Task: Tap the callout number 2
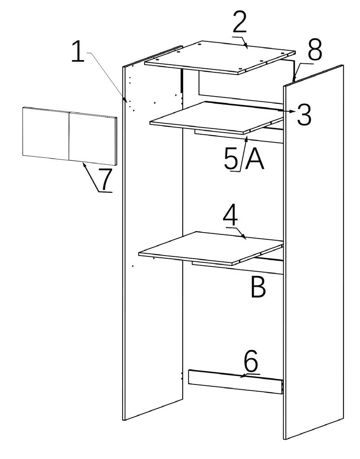point(240,22)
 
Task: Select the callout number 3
point(304,115)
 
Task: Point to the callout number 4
point(230,216)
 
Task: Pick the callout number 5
point(232,159)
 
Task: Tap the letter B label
point(258,287)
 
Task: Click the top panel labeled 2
point(220,56)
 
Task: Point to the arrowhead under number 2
point(246,46)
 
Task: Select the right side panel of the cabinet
point(314,252)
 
